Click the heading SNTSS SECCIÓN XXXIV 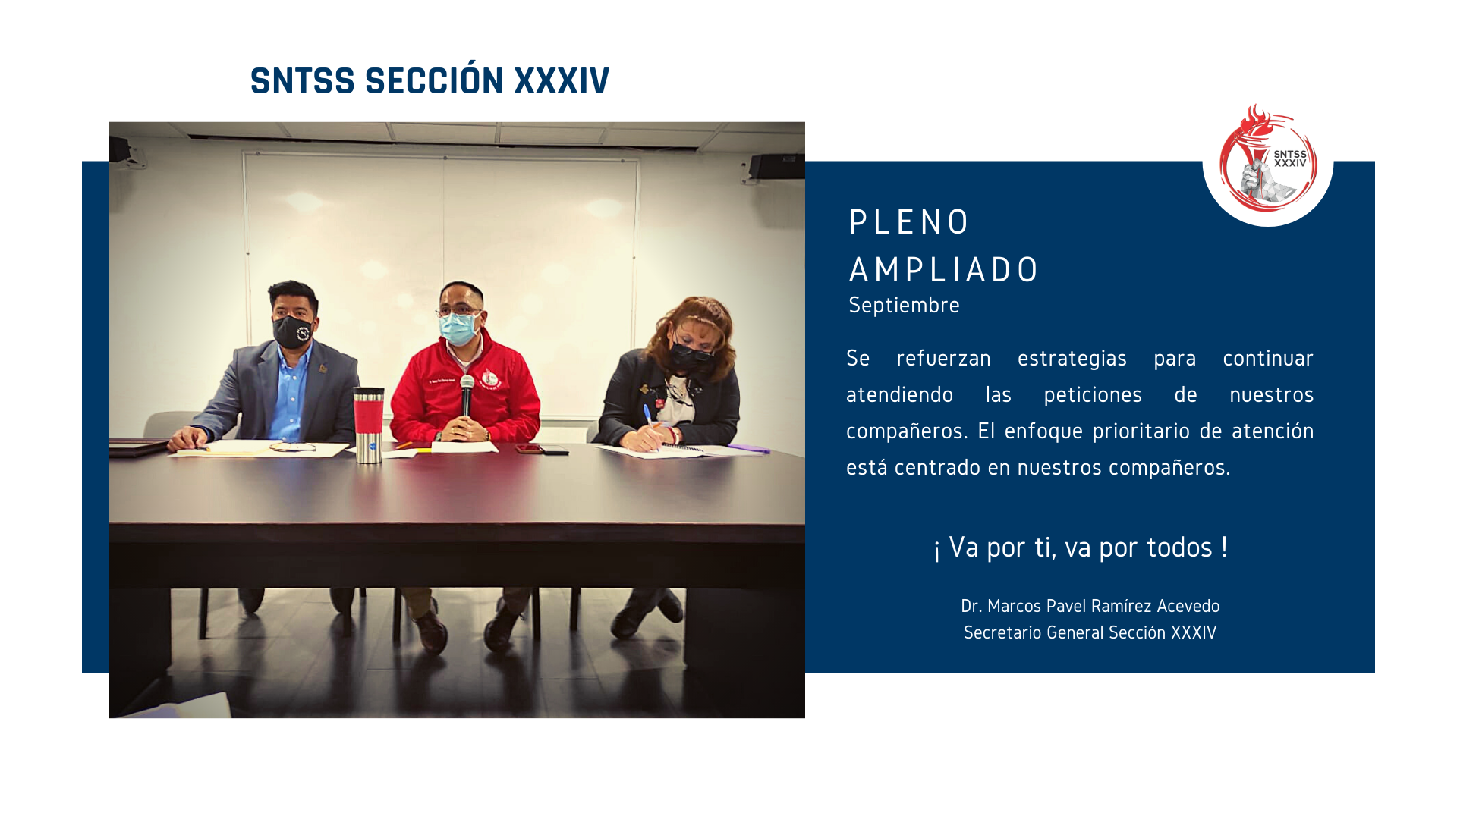pyautogui.click(x=430, y=80)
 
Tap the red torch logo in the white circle pyautogui.click(x=1267, y=158)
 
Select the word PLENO pyautogui.click(x=908, y=222)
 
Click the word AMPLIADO pyautogui.click(x=943, y=270)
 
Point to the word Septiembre pyautogui.click(x=904, y=306)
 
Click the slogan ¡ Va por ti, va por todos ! pyautogui.click(x=1081, y=548)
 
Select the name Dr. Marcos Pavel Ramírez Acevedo pyautogui.click(x=1090, y=606)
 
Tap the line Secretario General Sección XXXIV pyautogui.click(x=1090, y=632)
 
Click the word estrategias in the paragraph pyautogui.click(x=1072, y=359)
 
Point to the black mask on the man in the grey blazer pyautogui.click(x=293, y=331)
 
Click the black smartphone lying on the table pyautogui.click(x=555, y=452)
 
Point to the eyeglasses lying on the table pyautogui.click(x=292, y=447)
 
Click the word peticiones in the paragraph pyautogui.click(x=1093, y=395)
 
